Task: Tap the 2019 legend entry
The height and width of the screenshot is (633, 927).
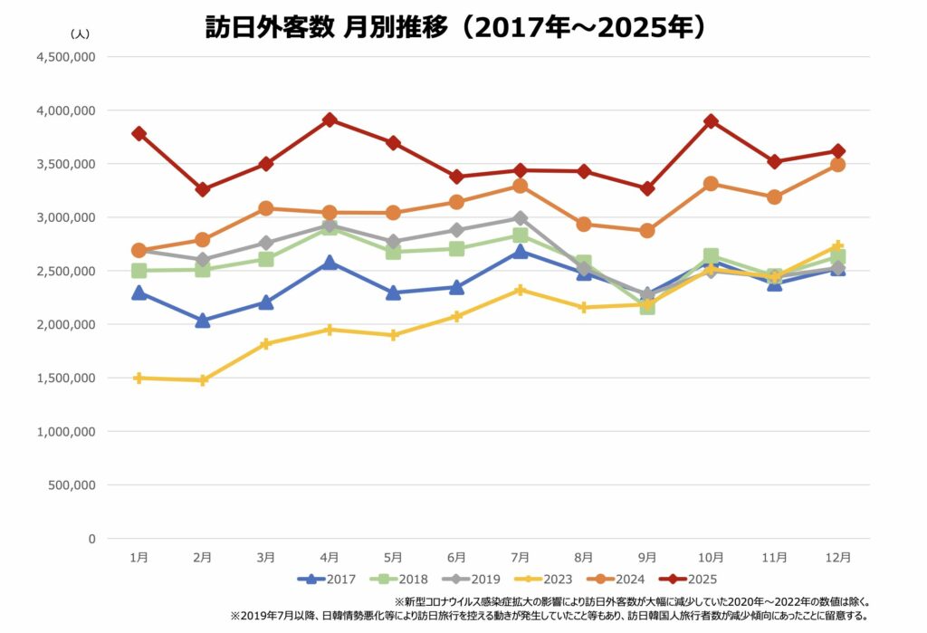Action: click(473, 579)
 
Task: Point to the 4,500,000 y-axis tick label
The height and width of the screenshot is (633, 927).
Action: click(66, 57)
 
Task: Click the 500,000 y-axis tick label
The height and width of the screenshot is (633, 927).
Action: click(70, 485)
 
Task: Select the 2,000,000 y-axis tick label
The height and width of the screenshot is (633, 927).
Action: click(66, 324)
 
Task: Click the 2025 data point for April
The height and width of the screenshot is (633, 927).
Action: click(330, 120)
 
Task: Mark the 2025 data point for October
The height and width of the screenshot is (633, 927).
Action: click(711, 121)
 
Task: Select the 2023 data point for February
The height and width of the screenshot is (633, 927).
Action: click(203, 380)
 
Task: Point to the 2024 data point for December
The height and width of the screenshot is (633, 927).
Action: click(837, 165)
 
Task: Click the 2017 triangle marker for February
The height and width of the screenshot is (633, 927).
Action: click(203, 320)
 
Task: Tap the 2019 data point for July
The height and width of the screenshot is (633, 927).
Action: click(521, 218)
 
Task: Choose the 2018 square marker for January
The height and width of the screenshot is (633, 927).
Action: click(139, 271)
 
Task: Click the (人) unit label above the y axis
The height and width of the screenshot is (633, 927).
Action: click(79, 33)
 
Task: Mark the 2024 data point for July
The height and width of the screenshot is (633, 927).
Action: click(521, 186)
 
